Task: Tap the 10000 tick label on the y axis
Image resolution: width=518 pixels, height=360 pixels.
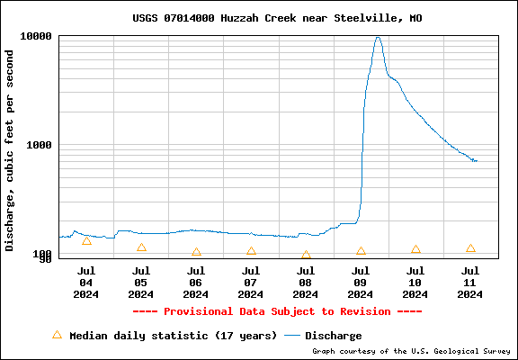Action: click(x=37, y=36)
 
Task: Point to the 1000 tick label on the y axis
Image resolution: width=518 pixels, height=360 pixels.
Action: click(x=40, y=145)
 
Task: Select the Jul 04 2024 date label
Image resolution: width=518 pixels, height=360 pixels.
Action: click(x=86, y=282)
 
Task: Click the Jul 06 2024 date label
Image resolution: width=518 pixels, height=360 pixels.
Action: click(x=196, y=282)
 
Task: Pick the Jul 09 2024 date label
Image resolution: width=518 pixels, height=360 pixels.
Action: click(x=361, y=282)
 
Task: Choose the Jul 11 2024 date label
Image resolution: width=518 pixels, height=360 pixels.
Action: click(x=470, y=282)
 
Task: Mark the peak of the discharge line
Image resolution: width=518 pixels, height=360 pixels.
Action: click(x=379, y=38)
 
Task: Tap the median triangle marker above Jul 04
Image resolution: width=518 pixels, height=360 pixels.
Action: click(x=86, y=241)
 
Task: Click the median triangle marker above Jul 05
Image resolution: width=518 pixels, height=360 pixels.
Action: click(x=141, y=247)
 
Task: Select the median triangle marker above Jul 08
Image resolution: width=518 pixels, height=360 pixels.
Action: click(x=306, y=255)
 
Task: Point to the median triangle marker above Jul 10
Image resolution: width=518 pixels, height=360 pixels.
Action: click(x=415, y=249)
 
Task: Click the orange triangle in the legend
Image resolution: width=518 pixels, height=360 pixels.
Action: click(x=57, y=335)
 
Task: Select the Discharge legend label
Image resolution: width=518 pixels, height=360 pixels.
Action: click(x=334, y=336)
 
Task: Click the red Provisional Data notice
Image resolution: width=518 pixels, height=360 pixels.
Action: click(x=277, y=311)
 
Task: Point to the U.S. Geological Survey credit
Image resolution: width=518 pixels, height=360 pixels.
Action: click(x=412, y=352)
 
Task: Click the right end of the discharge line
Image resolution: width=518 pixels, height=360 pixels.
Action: click(x=477, y=161)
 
